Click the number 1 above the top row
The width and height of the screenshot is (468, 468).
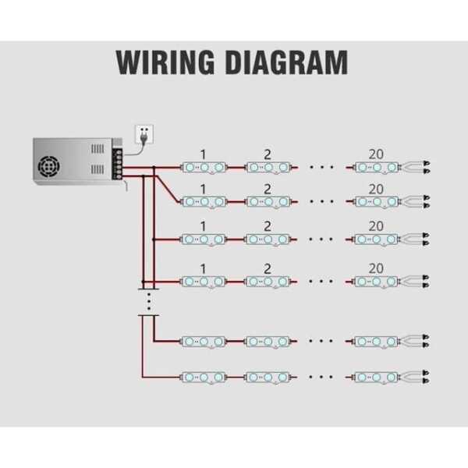204,153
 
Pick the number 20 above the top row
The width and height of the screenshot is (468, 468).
376,153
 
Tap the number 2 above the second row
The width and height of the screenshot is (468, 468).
268,189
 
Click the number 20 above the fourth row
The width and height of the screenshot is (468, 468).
376,268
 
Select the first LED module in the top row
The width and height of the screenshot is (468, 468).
204,167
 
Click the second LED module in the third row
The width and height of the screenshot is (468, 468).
268,239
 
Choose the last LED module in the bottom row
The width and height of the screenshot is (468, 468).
376,377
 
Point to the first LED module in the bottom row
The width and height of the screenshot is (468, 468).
204,377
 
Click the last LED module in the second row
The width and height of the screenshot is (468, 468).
376,202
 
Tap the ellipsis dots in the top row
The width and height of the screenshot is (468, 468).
321,167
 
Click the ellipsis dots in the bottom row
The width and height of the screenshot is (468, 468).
321,377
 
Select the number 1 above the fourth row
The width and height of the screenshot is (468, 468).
204,268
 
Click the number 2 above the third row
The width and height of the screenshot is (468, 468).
268,226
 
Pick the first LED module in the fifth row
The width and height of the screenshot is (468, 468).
204,341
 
